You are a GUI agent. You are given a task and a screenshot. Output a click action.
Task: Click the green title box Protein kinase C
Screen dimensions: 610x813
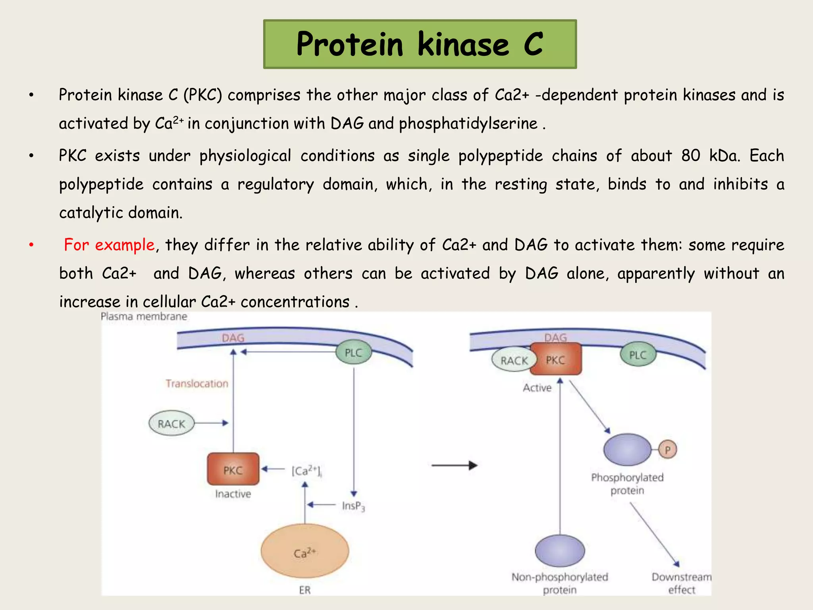pos(420,44)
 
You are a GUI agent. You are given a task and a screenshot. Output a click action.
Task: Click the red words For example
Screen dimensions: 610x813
pos(109,245)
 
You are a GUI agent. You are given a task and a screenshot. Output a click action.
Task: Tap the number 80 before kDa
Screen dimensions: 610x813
pos(691,155)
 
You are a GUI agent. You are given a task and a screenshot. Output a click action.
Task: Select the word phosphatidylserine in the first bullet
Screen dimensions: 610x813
pos(468,124)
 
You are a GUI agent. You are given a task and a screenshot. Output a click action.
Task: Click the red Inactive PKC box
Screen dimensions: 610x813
pos(233,469)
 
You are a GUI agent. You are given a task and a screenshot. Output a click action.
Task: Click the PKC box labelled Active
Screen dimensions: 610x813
pos(555,359)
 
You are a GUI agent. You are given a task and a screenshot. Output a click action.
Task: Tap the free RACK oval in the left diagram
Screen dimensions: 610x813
pos(171,423)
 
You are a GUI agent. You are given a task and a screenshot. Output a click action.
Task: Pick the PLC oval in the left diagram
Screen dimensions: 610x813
pos(353,352)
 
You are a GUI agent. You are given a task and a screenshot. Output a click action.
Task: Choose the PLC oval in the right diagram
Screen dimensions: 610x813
pos(638,355)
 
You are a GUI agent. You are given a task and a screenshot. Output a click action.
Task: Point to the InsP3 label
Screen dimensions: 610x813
pos(353,506)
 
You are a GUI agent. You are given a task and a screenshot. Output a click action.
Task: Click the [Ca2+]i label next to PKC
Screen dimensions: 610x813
pos(306,471)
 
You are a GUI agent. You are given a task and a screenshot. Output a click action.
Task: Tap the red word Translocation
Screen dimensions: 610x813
pos(197,383)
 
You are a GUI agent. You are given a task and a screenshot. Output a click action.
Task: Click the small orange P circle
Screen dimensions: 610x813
pos(668,450)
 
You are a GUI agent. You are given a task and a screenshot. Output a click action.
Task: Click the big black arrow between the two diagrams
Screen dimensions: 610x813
pos(454,465)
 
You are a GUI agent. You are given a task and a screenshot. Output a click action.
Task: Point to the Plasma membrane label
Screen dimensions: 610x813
pos(144,317)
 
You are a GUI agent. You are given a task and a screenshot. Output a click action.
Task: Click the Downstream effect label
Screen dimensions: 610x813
pos(681,583)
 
